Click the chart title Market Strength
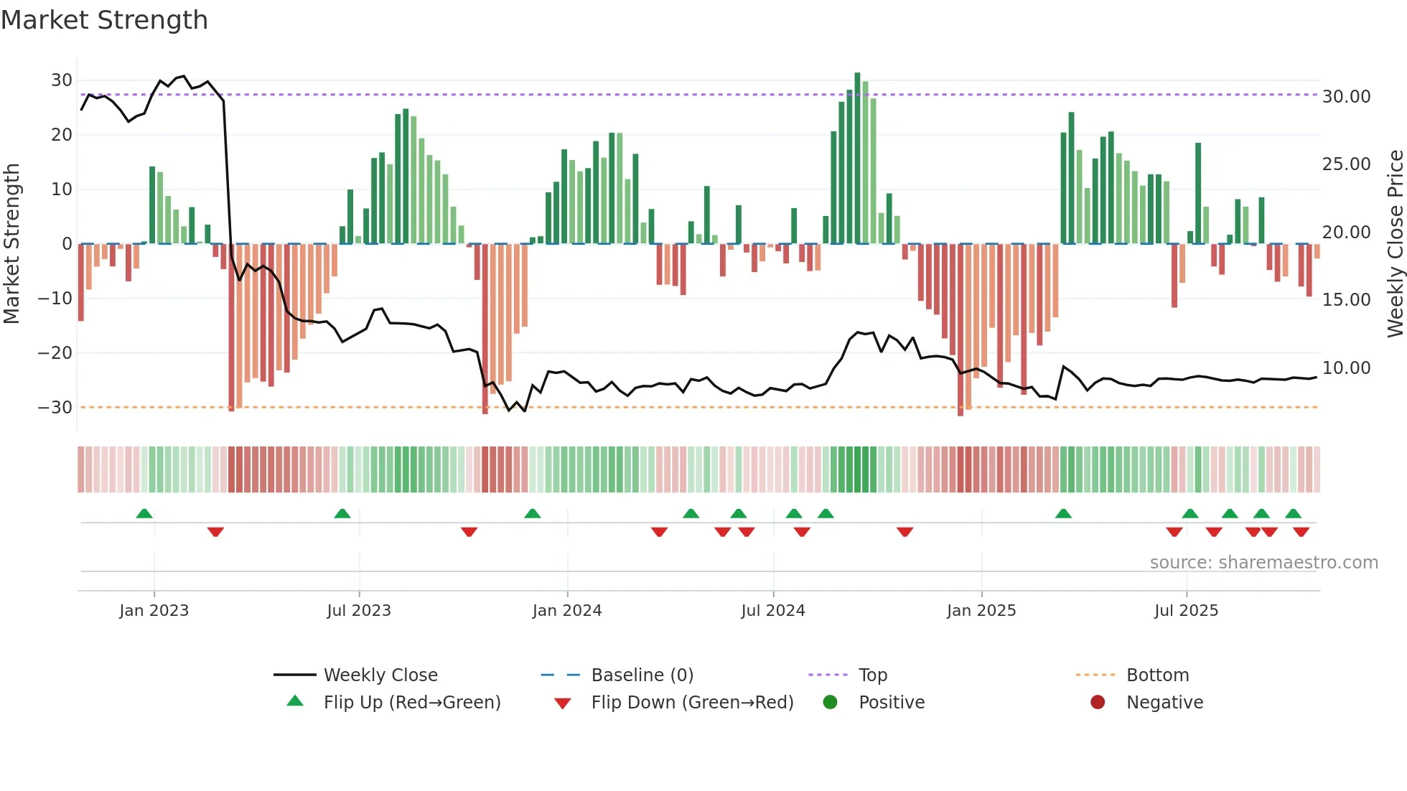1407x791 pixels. pyautogui.click(x=104, y=20)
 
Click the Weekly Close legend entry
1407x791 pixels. pyautogui.click(x=380, y=675)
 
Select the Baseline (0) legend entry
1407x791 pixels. pyautogui.click(x=642, y=675)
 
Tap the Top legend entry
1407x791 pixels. pyautogui.click(x=872, y=675)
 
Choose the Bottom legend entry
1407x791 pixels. pyautogui.click(x=1157, y=675)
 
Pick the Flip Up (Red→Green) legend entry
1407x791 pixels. pyautogui.click(x=411, y=702)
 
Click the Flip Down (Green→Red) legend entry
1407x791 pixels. pyautogui.click(x=692, y=702)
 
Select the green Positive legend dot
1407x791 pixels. pyautogui.click(x=831, y=702)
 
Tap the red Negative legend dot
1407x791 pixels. pyautogui.click(x=1098, y=702)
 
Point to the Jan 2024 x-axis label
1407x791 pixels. pyautogui.click(x=566, y=611)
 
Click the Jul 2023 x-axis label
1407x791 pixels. pyautogui.click(x=359, y=611)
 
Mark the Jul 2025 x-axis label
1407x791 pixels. pyautogui.click(x=1186, y=611)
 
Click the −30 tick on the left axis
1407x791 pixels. pyautogui.click(x=55, y=408)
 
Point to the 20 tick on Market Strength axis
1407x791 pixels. pyautogui.click(x=61, y=135)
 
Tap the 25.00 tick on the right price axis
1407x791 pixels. pyautogui.click(x=1346, y=164)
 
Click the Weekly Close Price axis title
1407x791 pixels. pyautogui.click(x=1395, y=244)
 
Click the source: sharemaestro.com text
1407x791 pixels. pyautogui.click(x=1263, y=563)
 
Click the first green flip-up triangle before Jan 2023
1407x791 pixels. pyautogui.click(x=144, y=514)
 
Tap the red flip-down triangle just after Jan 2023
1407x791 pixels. pyautogui.click(x=215, y=532)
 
